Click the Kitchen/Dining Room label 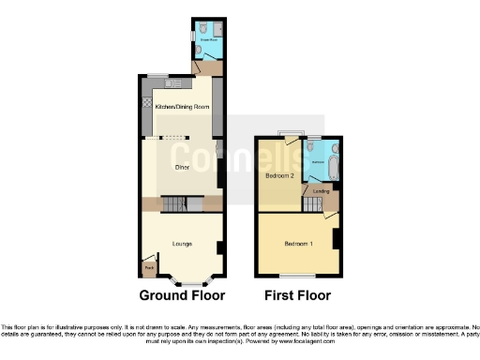point(181,107)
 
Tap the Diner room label point(182,167)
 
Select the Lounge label point(182,244)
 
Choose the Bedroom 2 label point(279,175)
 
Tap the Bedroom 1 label point(298,244)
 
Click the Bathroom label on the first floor point(318,160)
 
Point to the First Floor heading point(299,295)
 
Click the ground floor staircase point(175,204)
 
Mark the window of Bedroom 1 point(298,277)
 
